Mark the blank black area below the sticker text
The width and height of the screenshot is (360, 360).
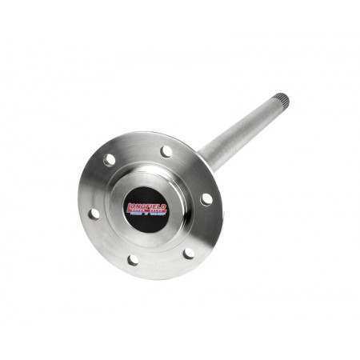146,225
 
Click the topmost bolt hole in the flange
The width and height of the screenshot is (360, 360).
166,151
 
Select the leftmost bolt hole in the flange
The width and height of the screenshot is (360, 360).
94,214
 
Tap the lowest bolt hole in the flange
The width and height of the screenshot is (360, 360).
132,260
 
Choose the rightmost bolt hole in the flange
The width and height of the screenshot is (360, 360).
206,199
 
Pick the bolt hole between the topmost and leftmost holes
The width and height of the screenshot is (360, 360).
110,160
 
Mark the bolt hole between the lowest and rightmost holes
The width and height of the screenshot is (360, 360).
189,254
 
